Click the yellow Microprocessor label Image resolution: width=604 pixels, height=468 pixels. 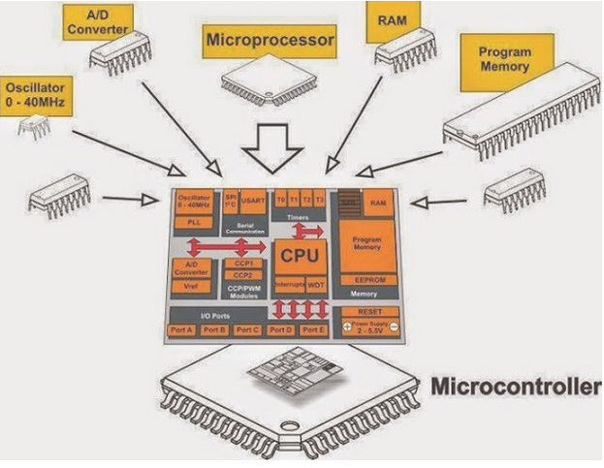point(270,41)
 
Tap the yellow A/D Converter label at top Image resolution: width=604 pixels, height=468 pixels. point(97,22)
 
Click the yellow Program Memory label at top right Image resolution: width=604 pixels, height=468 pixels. point(504,60)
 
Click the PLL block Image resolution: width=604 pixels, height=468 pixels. point(193,222)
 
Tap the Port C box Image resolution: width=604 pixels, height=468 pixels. point(247,330)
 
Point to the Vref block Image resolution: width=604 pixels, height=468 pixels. point(190,288)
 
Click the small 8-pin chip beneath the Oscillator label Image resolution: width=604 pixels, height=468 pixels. point(37,126)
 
